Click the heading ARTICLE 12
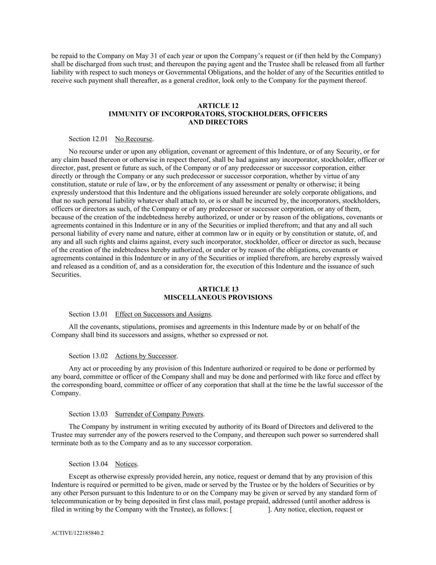(218, 106)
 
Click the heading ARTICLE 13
(218, 289)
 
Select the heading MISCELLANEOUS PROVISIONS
(218, 298)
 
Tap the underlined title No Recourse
(133, 139)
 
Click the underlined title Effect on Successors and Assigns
(163, 315)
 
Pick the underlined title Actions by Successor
(145, 356)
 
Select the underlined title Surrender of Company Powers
(159, 414)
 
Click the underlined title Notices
(126, 464)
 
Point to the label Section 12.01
(88, 139)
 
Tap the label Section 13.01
(88, 315)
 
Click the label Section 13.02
(88, 356)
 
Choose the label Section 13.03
(88, 414)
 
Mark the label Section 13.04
(88, 464)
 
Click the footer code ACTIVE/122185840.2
(77, 534)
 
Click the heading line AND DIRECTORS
(218, 122)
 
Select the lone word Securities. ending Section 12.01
(66, 275)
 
